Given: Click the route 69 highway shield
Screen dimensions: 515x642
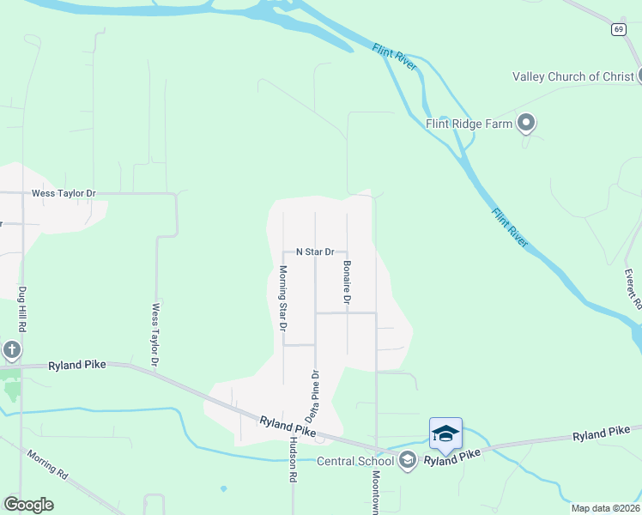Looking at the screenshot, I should click(618, 29).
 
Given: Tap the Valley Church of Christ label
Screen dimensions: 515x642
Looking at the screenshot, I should click(572, 76).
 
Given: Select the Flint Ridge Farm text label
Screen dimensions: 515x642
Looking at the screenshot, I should click(469, 124).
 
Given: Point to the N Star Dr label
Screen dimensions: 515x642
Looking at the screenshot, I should click(314, 252).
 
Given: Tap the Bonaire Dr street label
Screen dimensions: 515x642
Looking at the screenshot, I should click(348, 282).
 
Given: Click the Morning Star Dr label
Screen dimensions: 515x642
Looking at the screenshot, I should click(282, 299).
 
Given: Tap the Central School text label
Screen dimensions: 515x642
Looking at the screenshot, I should click(354, 462).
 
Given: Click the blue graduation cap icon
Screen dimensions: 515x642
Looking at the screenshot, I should click(445, 433).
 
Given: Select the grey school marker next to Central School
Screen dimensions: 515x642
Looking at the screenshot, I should click(408, 461).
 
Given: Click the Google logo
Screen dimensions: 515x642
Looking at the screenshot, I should click(28, 505).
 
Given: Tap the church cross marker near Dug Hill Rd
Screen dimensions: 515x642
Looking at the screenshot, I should click(11, 350).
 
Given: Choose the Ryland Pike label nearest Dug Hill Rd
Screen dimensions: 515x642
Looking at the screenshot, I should click(77, 365).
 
